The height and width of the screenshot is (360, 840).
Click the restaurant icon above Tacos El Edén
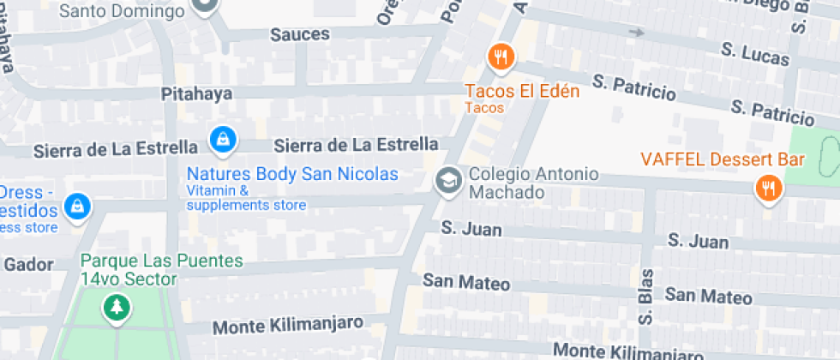coord(500,58)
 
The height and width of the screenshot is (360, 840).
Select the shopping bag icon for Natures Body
coord(223,138)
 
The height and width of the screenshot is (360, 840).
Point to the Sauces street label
coord(300,34)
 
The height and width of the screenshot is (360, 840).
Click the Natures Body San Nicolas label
coord(292,174)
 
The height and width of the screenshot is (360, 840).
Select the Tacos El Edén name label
coord(522,91)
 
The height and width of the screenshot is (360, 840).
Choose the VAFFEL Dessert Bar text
coord(722,159)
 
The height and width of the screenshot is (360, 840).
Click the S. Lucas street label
coord(755,54)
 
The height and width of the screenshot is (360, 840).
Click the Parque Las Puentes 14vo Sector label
coord(161,269)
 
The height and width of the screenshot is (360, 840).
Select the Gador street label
coord(28,264)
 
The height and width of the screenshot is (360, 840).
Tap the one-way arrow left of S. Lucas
coord(635,33)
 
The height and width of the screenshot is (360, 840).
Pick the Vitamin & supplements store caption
coord(246,198)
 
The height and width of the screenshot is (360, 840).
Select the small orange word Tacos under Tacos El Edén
coord(484,108)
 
